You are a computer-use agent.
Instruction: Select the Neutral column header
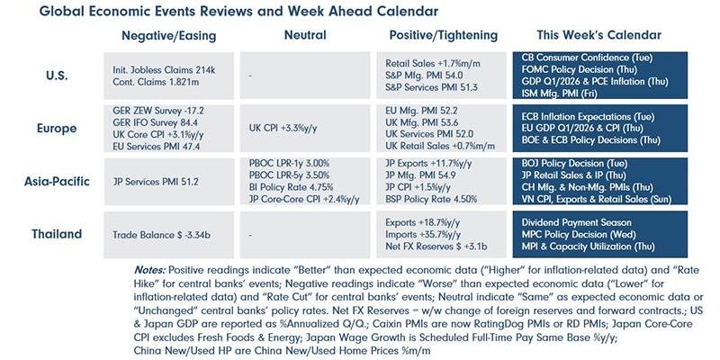304,35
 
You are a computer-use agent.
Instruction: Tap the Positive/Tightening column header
441,35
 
